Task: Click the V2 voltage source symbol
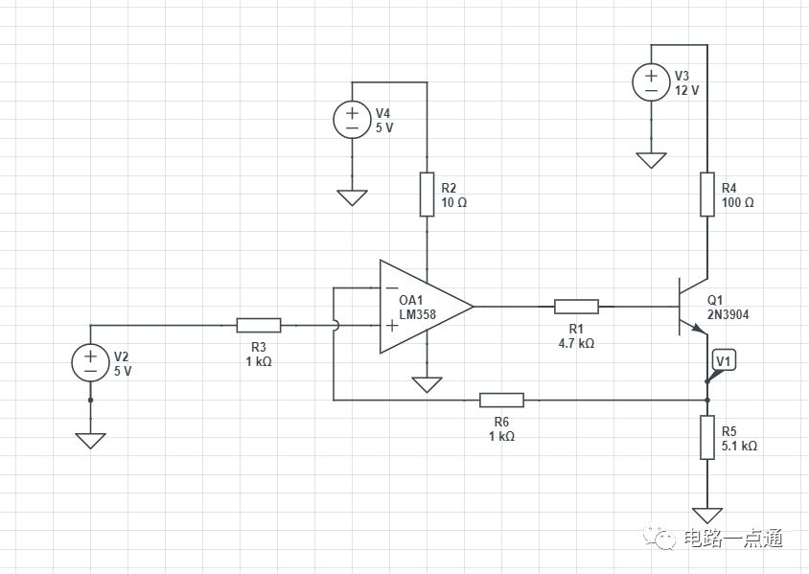[x=90, y=362]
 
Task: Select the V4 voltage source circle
[x=352, y=120]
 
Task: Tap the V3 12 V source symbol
[x=651, y=82]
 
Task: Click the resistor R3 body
[x=259, y=326]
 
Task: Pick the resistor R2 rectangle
[x=427, y=195]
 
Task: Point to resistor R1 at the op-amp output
[x=576, y=307]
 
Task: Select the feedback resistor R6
[x=501, y=400]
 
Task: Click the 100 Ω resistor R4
[x=707, y=195]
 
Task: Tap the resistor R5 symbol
[x=707, y=437]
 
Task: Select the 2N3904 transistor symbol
[x=692, y=307]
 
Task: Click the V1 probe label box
[x=724, y=361]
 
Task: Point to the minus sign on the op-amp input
[x=392, y=287]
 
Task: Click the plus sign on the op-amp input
[x=392, y=326]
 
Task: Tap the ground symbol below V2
[x=90, y=441]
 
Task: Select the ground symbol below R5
[x=707, y=516]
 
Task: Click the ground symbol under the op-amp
[x=427, y=384]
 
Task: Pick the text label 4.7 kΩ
[x=576, y=343]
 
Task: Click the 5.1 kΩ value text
[x=739, y=446]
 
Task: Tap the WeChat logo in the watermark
[x=659, y=538]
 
